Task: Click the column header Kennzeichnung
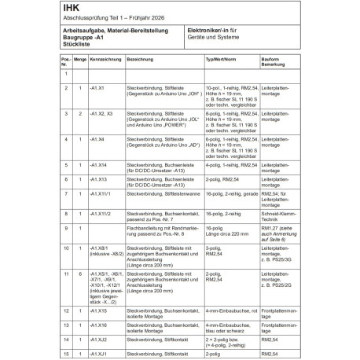tap(105, 59)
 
